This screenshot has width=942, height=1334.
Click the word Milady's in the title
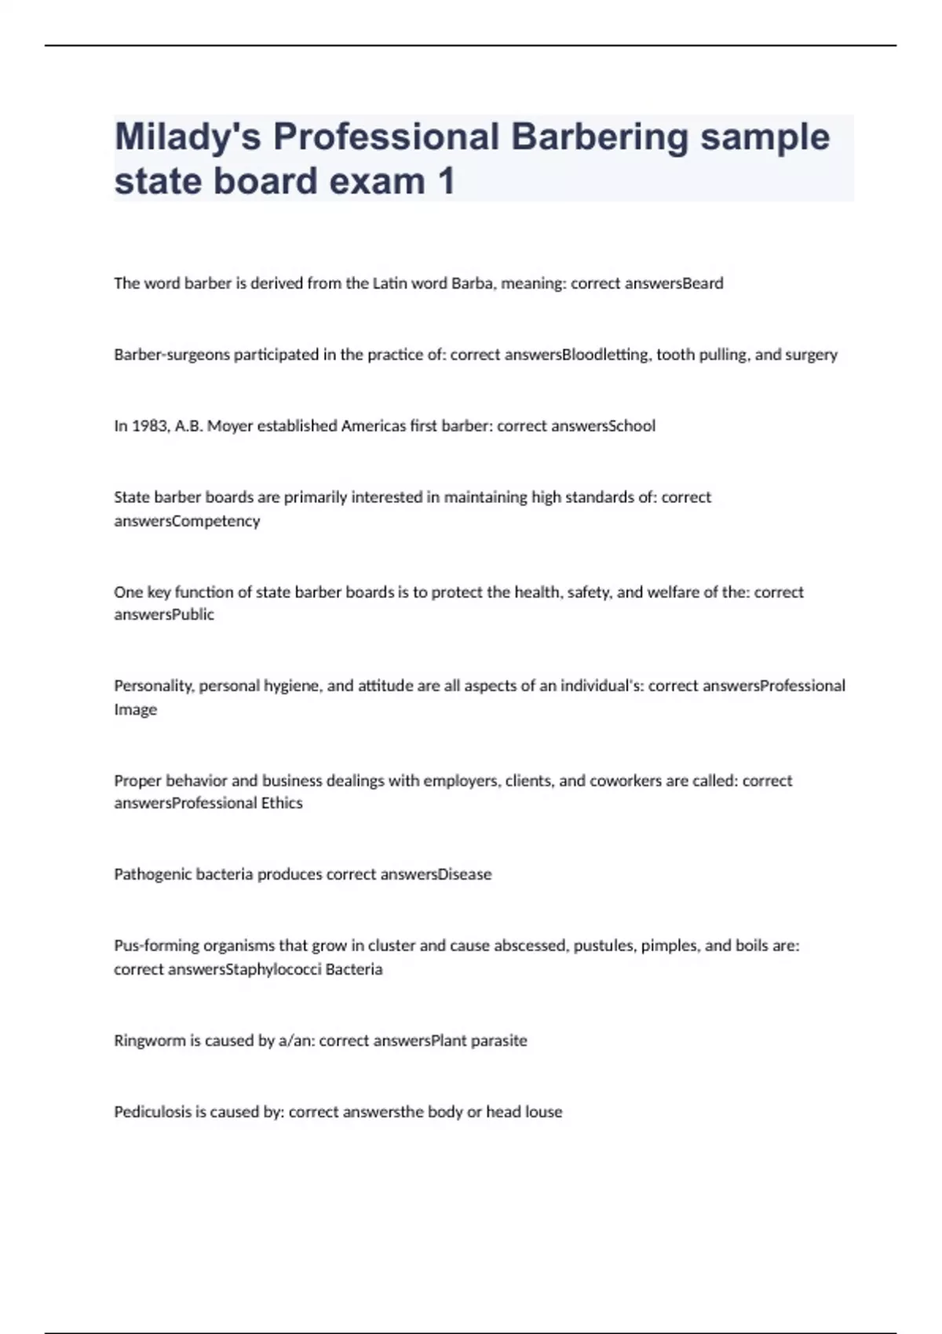[x=187, y=137]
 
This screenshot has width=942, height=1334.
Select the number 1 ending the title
[x=445, y=181]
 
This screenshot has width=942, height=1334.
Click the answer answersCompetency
[x=187, y=521]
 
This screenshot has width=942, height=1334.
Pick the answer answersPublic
[x=164, y=614]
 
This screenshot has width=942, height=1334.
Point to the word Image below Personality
[x=135, y=709]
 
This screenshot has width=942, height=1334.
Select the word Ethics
[x=282, y=803]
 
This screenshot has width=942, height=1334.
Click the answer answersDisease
[x=436, y=874]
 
